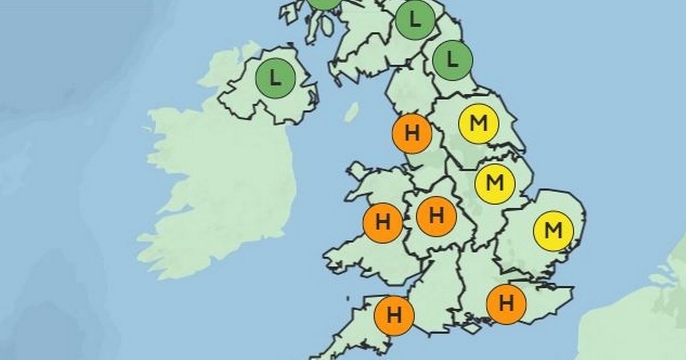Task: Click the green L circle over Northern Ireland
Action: click(276, 78)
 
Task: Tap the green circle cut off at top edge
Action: click(324, 3)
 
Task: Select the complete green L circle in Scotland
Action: click(416, 21)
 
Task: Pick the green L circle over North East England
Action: click(453, 59)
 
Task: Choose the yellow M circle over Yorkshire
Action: click(478, 123)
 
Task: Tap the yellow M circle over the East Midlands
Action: click(496, 183)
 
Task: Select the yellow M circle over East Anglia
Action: click(553, 231)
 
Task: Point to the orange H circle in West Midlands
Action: click(436, 217)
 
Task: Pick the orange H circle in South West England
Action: click(394, 315)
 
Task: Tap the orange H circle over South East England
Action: click(506, 303)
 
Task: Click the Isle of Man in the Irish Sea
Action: click(352, 111)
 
